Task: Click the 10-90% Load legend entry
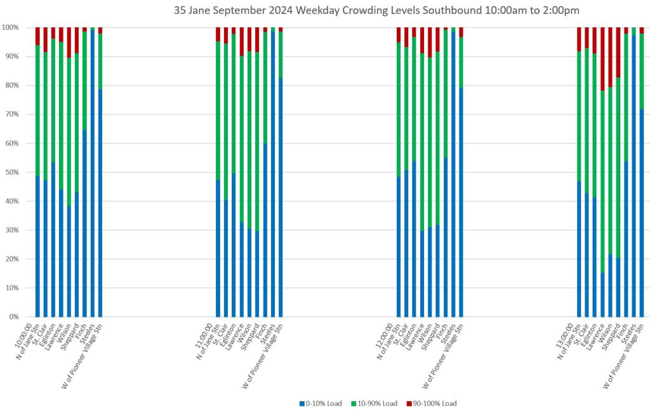click(376, 403)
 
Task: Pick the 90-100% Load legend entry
click(434, 403)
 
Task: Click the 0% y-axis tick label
click(13, 317)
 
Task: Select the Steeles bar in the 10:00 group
click(93, 171)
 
